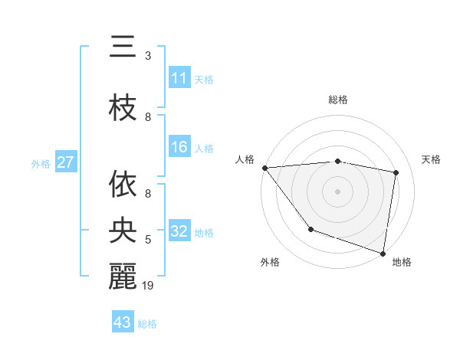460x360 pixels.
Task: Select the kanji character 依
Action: pos(123,183)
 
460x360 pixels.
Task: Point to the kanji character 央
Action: pos(123,229)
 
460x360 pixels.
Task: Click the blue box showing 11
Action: pos(179,79)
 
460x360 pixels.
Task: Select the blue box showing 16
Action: pos(179,148)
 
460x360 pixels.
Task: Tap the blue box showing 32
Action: pos(179,232)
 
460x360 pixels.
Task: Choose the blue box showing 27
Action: pos(65,163)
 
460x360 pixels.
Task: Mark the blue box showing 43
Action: pos(123,322)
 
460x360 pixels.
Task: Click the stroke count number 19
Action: pos(149,286)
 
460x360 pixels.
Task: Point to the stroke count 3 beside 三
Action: pos(148,56)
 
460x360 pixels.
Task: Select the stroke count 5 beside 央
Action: pos(148,240)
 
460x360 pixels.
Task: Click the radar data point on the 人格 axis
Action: pos(264,168)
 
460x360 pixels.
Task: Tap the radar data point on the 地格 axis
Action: pos(383,252)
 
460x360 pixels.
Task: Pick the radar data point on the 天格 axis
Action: pos(396,172)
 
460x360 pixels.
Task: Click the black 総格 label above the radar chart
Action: pos(337,100)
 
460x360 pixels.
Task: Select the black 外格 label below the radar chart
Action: pos(270,262)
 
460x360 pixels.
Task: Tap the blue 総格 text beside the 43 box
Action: pos(147,324)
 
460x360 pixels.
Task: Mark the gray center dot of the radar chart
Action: pos(337,191)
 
